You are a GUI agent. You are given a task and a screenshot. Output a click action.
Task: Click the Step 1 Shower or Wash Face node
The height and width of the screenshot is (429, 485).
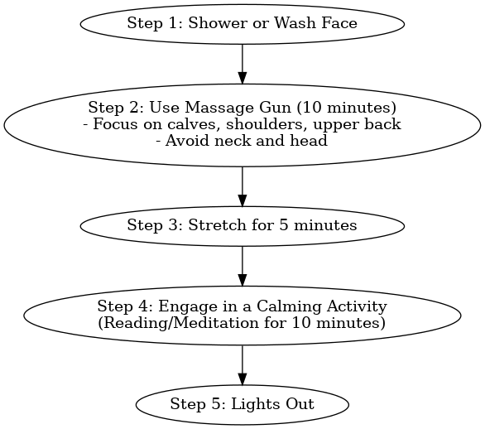242,23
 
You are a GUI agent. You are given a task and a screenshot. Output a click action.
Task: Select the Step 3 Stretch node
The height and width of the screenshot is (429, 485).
242,225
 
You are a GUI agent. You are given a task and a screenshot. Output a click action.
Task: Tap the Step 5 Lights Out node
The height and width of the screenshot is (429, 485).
242,404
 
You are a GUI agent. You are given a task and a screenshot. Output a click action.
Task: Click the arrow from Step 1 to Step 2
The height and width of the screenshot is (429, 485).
242,62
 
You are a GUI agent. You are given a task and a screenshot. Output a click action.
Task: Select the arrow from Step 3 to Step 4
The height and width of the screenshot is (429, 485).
242,264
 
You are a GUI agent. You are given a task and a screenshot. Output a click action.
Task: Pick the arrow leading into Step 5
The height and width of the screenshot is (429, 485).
242,365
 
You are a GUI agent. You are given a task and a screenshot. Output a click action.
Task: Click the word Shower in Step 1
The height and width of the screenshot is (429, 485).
212,23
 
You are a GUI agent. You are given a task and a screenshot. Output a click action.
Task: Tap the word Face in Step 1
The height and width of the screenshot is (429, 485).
341,23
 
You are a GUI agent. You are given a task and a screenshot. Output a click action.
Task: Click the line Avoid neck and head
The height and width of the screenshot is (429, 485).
242,140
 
